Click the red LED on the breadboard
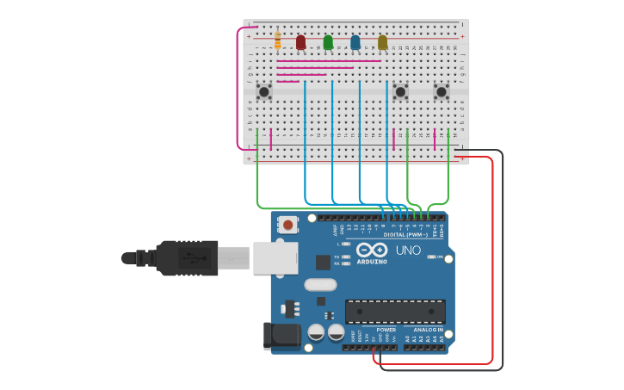[300, 41]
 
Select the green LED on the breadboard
[328, 41]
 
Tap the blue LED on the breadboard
[355, 41]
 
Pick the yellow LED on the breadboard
[383, 41]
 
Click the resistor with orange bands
[277, 40]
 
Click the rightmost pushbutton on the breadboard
[442, 91]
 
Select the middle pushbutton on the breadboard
[400, 91]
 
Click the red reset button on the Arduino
[288, 225]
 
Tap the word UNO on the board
[408, 251]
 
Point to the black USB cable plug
[185, 257]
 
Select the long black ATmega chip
[395, 312]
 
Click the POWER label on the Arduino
[386, 329]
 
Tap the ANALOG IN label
[428, 329]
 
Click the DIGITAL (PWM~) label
[406, 234]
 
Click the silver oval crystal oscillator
[320, 285]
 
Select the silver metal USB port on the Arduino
[275, 257]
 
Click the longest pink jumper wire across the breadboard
[329, 61]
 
